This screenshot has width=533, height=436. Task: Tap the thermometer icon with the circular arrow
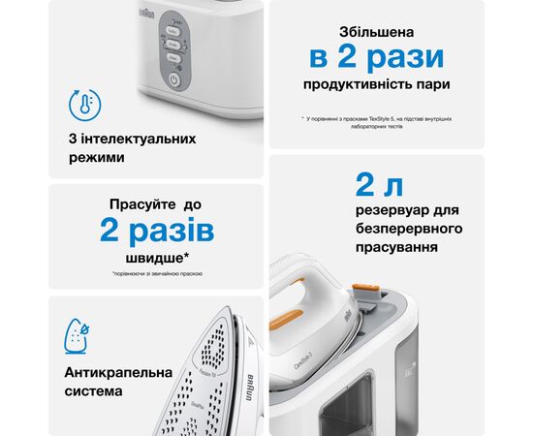pos(84,105)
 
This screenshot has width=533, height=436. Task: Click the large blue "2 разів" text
pos(156,232)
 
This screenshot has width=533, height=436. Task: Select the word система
pos(95,391)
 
